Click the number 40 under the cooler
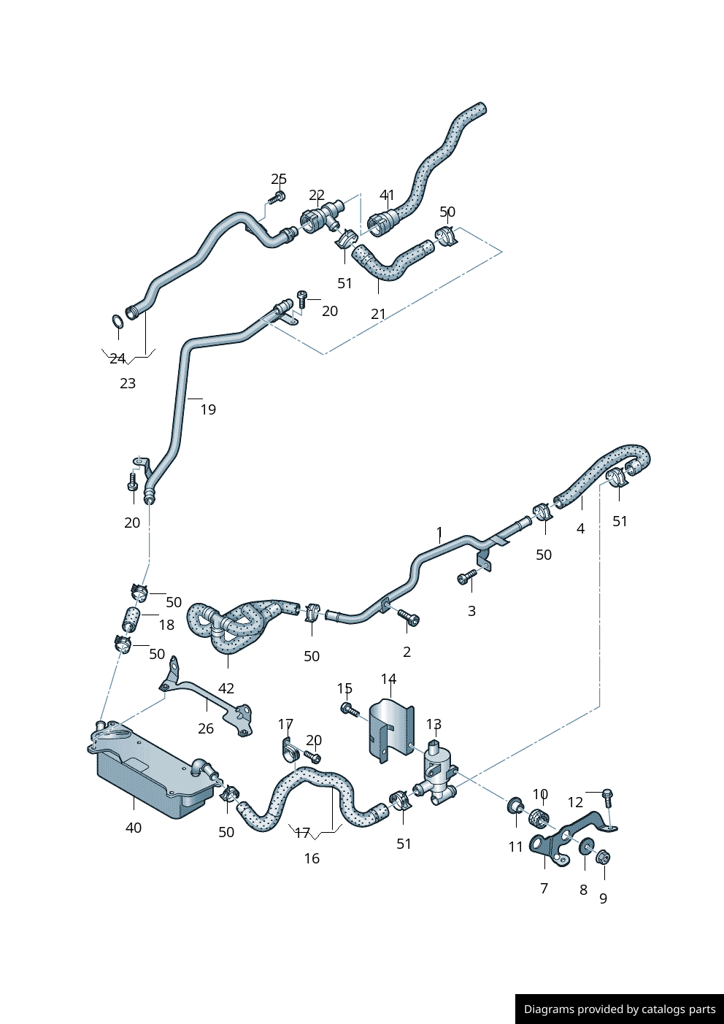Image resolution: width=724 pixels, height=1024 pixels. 134,828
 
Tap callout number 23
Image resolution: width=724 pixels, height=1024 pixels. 128,383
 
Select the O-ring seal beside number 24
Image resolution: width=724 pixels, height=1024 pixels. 117,320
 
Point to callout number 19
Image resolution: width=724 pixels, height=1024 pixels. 208,409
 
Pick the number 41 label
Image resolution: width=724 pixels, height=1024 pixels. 387,195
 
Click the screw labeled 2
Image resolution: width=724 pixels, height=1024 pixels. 409,618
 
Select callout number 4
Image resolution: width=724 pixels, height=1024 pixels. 580,528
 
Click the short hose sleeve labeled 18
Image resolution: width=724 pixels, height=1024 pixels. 131,620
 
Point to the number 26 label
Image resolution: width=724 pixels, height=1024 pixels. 206,728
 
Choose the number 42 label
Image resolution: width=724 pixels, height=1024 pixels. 226,688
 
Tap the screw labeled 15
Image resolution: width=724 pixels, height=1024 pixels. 349,708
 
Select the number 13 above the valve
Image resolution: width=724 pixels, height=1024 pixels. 434,724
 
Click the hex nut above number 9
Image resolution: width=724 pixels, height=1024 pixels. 603,857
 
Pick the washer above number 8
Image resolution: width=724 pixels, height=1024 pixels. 585,847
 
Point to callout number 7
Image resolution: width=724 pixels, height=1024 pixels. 544,888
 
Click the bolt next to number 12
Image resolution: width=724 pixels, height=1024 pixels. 607,795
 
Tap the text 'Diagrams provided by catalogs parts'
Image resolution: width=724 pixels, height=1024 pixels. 620,1009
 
